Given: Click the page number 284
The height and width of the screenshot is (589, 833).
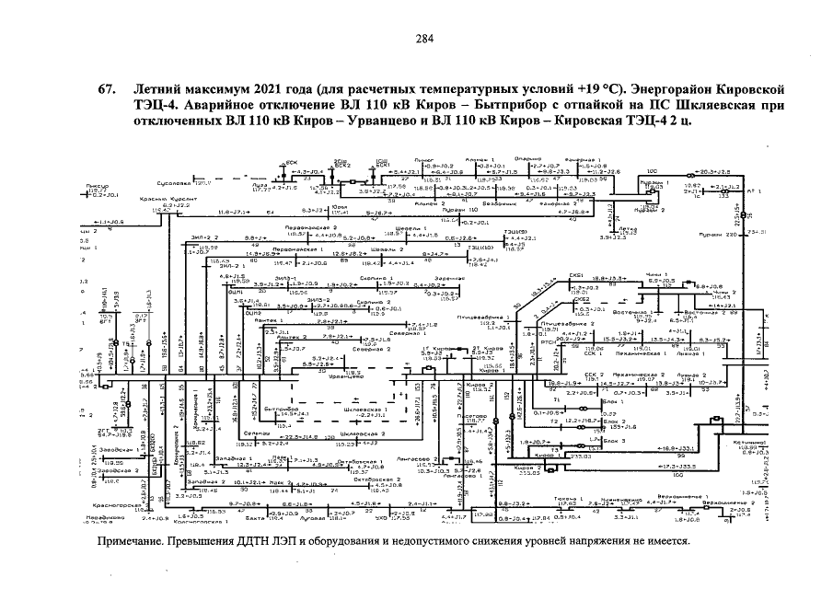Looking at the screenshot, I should pos(424,38).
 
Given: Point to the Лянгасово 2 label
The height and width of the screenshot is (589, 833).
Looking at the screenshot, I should pos(424,457).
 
